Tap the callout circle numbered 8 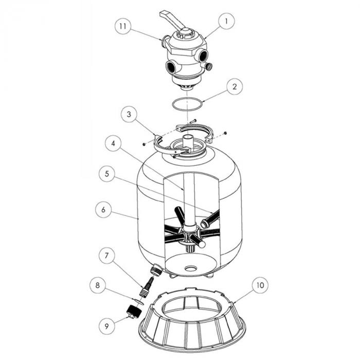(x=99, y=283)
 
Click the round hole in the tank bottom (x=190, y=268)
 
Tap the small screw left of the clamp (x=143, y=143)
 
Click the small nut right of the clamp (x=225, y=133)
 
